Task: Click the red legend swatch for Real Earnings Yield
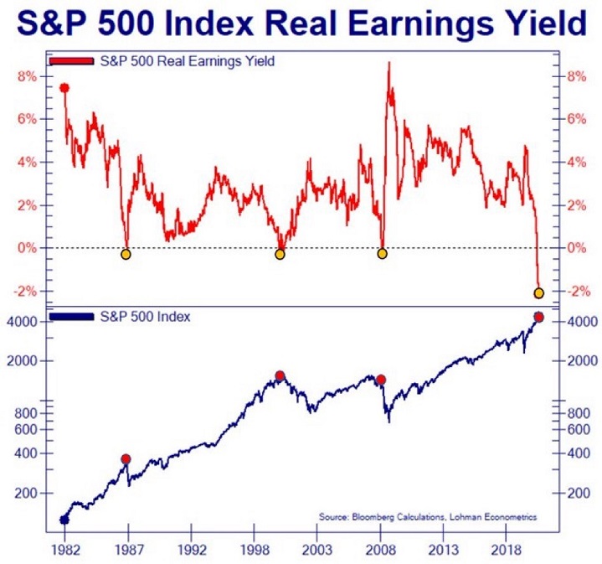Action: pyautogui.click(x=73, y=61)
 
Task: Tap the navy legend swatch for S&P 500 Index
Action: pyautogui.click(x=73, y=317)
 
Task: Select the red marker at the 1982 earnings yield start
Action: pyautogui.click(x=64, y=88)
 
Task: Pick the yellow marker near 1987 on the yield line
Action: pyautogui.click(x=126, y=254)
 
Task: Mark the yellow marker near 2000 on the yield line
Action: pyautogui.click(x=280, y=254)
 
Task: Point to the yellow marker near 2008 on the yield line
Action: pyautogui.click(x=383, y=253)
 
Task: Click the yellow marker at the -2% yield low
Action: pyautogui.click(x=538, y=292)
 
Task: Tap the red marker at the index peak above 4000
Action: pyautogui.click(x=538, y=317)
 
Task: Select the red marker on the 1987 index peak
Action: pyautogui.click(x=126, y=458)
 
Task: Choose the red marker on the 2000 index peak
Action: pyautogui.click(x=280, y=375)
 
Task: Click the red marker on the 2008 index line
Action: pyautogui.click(x=381, y=380)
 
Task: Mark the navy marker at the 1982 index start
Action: pyautogui.click(x=64, y=520)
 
